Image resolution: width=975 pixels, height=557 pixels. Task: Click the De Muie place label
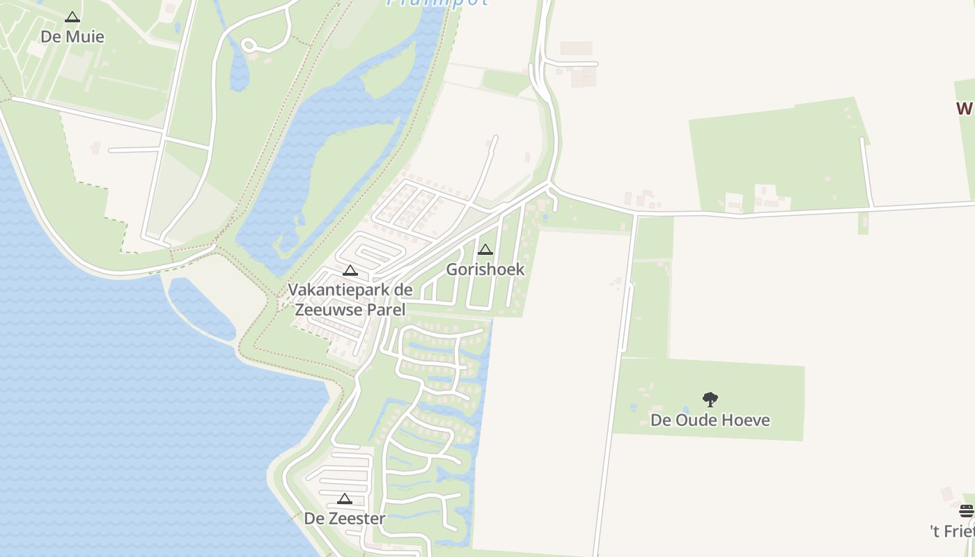click(x=72, y=36)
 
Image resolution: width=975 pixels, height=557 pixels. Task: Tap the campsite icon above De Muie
click(x=72, y=17)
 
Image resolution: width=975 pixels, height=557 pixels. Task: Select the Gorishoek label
click(x=485, y=269)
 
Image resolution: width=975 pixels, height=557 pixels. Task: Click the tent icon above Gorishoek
click(x=485, y=249)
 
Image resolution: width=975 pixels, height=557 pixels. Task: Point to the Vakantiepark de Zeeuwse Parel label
click(x=350, y=299)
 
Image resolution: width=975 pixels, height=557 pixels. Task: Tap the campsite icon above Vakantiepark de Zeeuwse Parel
click(x=350, y=270)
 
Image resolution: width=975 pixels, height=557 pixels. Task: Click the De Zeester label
click(x=345, y=518)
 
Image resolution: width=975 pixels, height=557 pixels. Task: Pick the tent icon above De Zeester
click(x=345, y=499)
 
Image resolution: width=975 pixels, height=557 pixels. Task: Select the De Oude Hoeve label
click(x=710, y=420)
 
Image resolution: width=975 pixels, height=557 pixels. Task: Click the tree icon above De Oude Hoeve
click(x=710, y=400)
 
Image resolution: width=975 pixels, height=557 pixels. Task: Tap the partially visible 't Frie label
click(x=952, y=531)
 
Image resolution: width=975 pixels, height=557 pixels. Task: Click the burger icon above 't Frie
click(x=966, y=511)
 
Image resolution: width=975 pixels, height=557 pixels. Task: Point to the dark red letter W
click(x=965, y=109)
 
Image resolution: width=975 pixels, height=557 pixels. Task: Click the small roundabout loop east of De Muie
click(x=249, y=45)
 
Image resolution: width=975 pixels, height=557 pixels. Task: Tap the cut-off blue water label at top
click(x=437, y=2)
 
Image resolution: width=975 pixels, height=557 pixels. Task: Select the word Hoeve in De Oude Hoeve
click(x=746, y=420)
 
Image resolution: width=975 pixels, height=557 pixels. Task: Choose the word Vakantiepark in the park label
click(x=331, y=290)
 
